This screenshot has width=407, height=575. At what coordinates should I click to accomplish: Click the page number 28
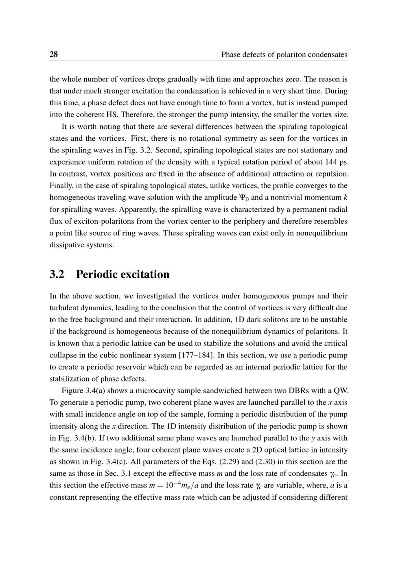[54, 54]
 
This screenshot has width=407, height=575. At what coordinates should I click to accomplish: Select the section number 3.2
[57, 274]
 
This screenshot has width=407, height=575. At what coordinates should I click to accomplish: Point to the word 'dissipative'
[67, 245]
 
